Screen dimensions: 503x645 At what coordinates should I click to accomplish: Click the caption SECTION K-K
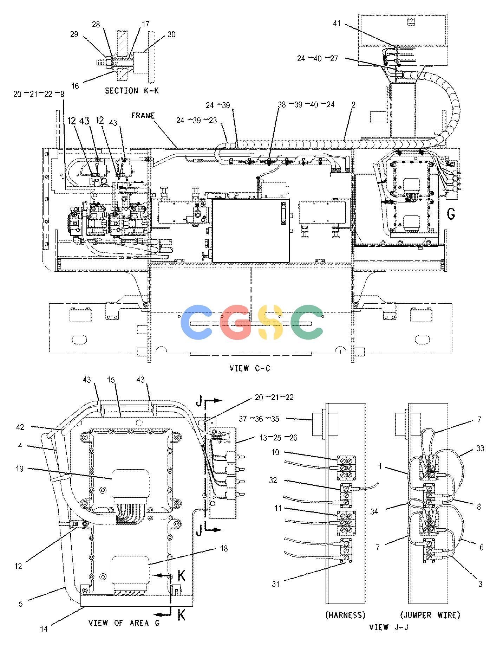coord(132,91)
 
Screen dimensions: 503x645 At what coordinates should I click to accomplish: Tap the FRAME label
coord(143,115)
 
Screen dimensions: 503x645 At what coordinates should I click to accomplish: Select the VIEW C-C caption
coord(250,368)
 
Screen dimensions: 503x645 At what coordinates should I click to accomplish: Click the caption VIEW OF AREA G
coord(124,623)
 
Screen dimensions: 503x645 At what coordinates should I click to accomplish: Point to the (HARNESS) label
coord(345,615)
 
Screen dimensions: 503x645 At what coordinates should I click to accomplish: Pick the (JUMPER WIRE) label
coord(430,615)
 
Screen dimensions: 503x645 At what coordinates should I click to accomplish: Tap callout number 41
coord(337,24)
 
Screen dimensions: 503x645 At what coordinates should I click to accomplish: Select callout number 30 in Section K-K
coord(171,34)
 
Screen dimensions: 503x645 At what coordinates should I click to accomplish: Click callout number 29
coord(74,34)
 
